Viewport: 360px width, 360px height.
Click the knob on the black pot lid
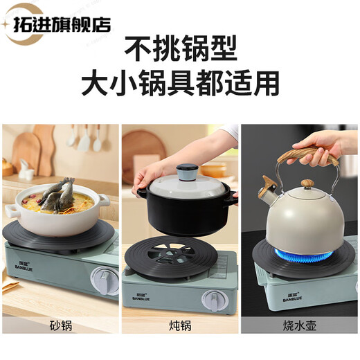[x=186, y=172]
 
